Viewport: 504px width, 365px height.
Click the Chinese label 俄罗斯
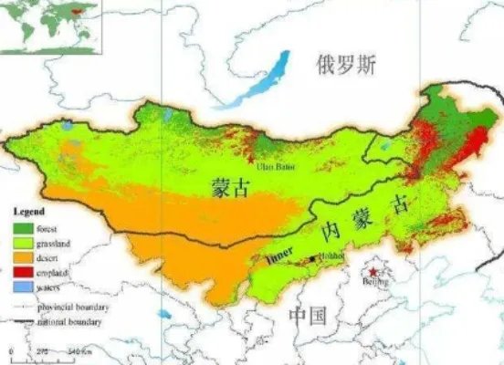coord(346,65)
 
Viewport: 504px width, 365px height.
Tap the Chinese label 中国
coord(308,316)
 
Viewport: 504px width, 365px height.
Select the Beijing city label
coord(375,284)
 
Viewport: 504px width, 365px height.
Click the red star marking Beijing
coord(373,272)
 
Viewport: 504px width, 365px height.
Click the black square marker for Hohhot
coord(313,259)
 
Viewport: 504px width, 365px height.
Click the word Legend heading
coord(26,213)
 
